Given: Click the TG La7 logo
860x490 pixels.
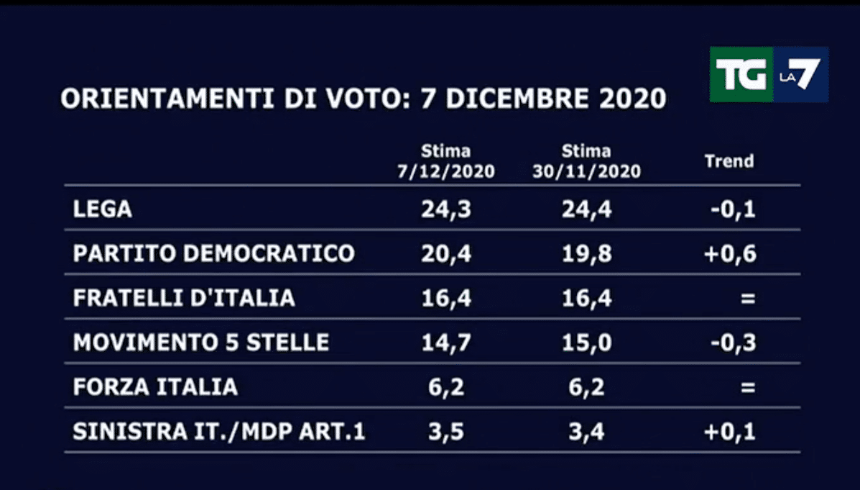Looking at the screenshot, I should (768, 75).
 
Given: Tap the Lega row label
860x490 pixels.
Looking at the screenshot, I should (103, 209).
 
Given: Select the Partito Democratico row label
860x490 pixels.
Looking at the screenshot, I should (213, 253).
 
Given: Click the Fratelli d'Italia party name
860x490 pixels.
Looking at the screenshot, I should (184, 298).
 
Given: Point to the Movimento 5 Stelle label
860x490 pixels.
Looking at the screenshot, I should (201, 342).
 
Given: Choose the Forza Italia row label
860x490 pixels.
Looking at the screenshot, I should (155, 387).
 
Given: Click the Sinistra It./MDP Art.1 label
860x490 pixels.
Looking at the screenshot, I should (219, 432).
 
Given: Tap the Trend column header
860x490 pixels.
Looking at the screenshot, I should (729, 161).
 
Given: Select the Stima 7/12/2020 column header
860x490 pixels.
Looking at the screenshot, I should (446, 162).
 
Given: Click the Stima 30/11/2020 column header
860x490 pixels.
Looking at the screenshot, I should (586, 162).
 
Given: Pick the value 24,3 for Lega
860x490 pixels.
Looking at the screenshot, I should (445, 209).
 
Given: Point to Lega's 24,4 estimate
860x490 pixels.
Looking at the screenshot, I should (587, 209).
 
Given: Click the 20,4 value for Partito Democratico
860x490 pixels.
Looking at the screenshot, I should (445, 253).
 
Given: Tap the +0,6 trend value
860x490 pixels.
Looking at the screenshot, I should (730, 254).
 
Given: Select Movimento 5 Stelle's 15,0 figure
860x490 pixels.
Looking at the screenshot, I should (587, 342).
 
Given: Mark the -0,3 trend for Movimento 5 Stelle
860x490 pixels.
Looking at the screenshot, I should (732, 343).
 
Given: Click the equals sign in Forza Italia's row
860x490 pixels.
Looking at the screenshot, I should (748, 388).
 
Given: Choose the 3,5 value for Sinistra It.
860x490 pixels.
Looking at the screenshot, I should (445, 432).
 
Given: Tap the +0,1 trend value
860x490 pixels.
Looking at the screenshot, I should (730, 432).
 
